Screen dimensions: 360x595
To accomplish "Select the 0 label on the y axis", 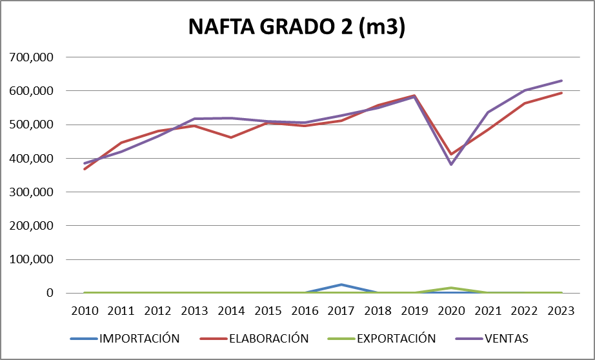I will click(x=49, y=294).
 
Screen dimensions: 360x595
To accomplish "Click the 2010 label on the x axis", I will click(x=85, y=310).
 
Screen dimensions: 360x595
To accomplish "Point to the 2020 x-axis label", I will click(x=451, y=310).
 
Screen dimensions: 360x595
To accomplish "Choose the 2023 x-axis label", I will click(x=561, y=310).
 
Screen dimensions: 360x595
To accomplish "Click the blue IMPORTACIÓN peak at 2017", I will click(x=341, y=285).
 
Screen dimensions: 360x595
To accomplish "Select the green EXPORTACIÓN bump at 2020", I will click(x=451, y=288).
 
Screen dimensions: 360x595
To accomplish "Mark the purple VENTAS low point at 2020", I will click(x=451, y=165).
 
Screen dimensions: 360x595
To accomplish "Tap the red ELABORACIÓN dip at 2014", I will click(x=231, y=137).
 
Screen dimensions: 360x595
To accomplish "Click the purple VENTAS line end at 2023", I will click(x=561, y=81).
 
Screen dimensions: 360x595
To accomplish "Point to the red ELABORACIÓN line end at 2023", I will click(x=561, y=93).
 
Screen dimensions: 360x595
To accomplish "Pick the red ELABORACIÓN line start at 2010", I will click(x=85, y=169).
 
